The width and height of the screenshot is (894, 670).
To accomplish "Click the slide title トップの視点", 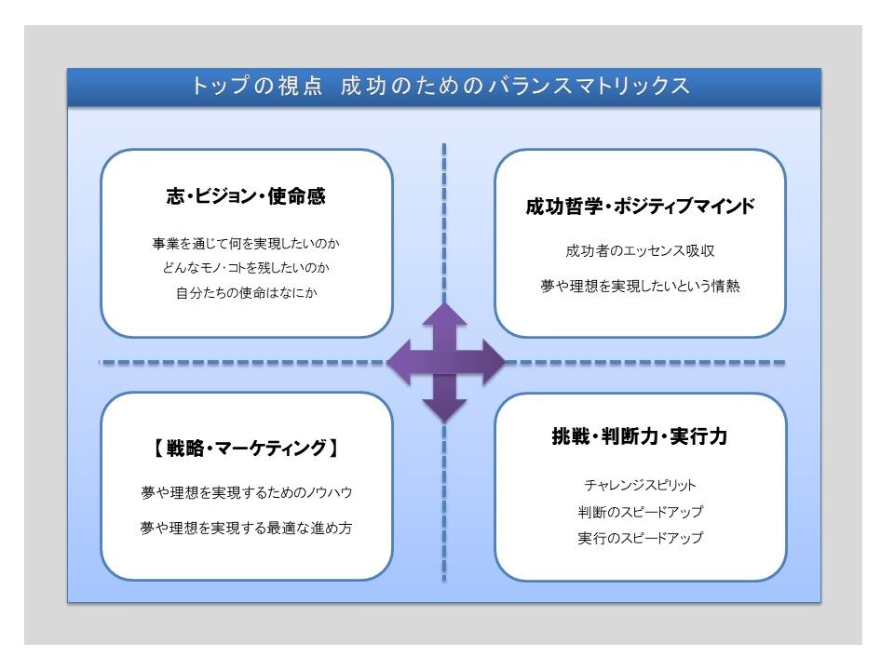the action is (x=257, y=86).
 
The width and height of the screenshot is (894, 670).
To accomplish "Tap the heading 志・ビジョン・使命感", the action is (x=246, y=196).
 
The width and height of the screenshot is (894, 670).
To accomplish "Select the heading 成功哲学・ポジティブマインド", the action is (x=641, y=207).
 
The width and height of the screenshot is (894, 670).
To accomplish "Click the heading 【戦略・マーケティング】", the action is (x=246, y=449).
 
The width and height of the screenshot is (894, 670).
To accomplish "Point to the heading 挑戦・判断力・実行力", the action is (x=640, y=436).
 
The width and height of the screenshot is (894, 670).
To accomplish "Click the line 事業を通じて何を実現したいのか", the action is (x=246, y=244).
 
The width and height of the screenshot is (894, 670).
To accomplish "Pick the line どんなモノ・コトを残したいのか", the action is (x=246, y=268).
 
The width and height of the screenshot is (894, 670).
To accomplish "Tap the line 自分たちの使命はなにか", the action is (x=246, y=293).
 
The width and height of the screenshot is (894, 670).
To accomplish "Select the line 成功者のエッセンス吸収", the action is (x=640, y=250).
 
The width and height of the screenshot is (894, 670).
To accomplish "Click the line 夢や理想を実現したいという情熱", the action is (x=640, y=286).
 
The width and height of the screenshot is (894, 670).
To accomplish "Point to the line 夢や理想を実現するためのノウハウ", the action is (x=246, y=492).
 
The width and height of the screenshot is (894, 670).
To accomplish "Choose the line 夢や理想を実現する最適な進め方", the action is (x=246, y=529).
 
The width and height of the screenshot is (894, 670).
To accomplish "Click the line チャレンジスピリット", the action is (x=640, y=486).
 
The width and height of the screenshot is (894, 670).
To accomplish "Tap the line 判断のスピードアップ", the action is (x=640, y=512).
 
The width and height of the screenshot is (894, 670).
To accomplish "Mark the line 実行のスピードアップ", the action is (x=640, y=538).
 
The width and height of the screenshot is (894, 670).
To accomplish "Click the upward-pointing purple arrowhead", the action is (x=445, y=316).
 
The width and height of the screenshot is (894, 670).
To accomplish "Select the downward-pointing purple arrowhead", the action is (x=445, y=409).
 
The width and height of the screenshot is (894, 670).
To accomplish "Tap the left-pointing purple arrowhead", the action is (x=400, y=362).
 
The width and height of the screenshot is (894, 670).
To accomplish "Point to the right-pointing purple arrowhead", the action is (x=493, y=362).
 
